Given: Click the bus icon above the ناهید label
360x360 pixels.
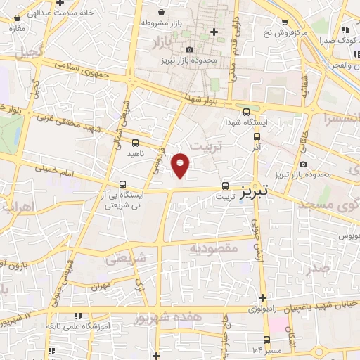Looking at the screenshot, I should coord(135,143).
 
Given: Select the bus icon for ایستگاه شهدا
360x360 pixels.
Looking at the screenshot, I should coord(245,110).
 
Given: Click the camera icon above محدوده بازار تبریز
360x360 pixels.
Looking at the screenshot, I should coord(191,49).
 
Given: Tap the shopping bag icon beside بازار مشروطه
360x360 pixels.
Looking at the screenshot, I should coord(162,13).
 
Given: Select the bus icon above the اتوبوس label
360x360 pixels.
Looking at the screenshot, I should coord(345,222).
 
